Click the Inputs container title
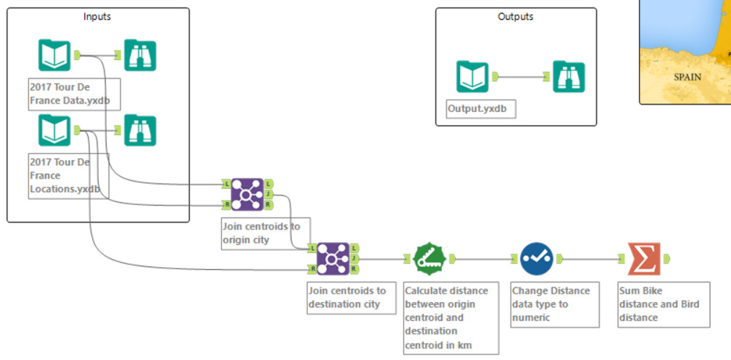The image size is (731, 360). [98, 16]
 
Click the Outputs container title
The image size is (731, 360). [515, 16]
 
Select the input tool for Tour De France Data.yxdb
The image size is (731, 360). [54, 56]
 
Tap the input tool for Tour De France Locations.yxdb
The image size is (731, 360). [54, 130]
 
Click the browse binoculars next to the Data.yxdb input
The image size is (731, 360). [140, 56]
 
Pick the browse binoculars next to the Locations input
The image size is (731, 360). [140, 130]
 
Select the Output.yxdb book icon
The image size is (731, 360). [473, 77]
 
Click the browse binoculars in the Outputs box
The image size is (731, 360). [569, 77]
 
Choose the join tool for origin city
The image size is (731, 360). [247, 194]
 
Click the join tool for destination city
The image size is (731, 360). [332, 258]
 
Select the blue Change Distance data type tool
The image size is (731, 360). [536, 258]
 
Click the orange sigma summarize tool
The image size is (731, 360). [642, 258]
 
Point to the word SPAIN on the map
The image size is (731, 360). [687, 77]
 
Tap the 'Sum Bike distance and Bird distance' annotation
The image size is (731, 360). [662, 304]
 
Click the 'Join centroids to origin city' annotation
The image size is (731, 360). [266, 233]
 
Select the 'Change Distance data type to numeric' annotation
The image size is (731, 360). [550, 304]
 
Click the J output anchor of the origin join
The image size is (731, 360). [269, 194]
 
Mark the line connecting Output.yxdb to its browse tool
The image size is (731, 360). [520, 76]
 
